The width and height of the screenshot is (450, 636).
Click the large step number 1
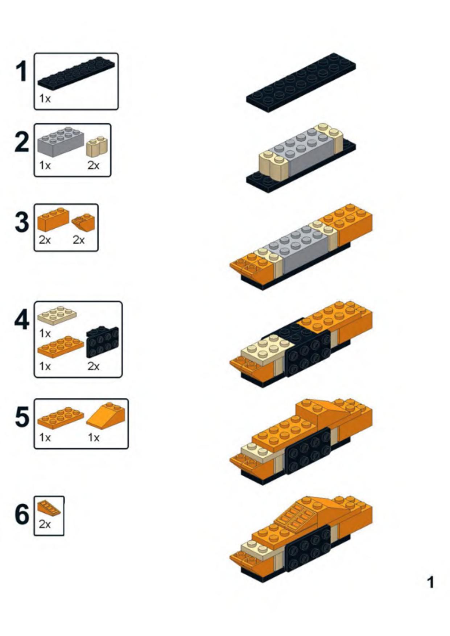point(22,71)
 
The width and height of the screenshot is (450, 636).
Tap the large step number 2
point(22,142)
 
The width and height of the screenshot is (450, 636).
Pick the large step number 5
point(22,417)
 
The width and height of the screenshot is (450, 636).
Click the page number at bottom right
point(430,582)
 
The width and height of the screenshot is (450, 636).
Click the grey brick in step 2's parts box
point(61,142)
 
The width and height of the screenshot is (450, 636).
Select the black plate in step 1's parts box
point(76,73)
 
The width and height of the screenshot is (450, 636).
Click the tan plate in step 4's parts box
point(57,315)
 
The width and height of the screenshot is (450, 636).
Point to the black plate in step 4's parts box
point(103,342)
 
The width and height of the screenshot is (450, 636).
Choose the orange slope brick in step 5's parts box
point(106,414)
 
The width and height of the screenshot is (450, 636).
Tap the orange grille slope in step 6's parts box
point(49,508)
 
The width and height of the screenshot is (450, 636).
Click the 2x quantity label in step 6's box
point(45,524)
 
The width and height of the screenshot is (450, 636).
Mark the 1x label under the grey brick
point(45,165)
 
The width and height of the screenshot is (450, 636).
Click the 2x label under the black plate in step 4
point(93,366)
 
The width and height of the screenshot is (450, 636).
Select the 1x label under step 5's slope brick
point(93,438)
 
